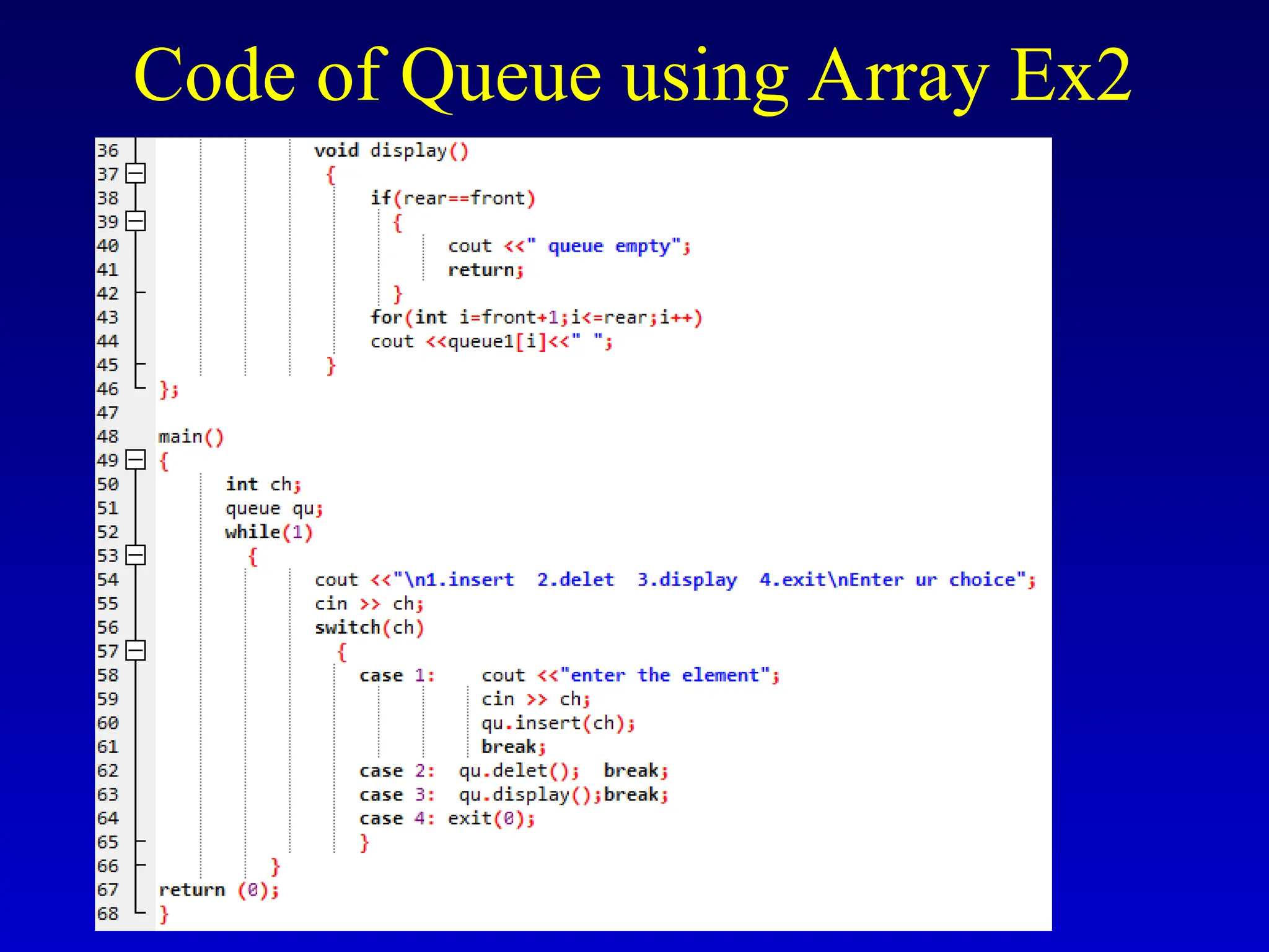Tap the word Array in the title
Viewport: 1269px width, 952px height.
[897, 76]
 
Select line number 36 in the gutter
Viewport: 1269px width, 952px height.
[107, 150]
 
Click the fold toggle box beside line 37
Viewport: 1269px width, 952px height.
[135, 174]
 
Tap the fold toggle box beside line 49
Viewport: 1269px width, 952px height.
[135, 460]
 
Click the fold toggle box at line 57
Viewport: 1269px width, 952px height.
[135, 651]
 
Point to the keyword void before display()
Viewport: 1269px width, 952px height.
[336, 151]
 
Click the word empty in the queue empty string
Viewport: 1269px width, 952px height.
[643, 246]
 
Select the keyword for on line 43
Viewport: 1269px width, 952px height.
[386, 317]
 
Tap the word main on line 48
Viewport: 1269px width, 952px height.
[180, 437]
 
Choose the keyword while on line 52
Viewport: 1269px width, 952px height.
[253, 532]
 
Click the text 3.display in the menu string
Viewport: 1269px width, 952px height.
[687, 580]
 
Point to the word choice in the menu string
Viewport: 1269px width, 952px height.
[982, 580]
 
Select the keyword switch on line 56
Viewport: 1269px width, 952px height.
[347, 628]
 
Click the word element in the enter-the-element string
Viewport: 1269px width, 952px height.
[720, 676]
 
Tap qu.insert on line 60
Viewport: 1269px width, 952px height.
[530, 723]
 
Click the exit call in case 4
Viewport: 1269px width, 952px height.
[470, 819]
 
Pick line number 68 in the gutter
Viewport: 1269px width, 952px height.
[107, 914]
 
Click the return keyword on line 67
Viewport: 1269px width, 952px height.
[191, 890]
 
